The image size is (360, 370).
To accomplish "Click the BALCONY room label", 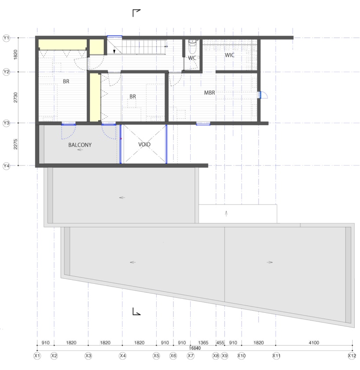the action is (80, 145).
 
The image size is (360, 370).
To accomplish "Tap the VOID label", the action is (144, 144).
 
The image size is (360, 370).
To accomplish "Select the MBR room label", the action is (209, 93).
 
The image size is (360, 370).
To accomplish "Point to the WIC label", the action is (229, 55).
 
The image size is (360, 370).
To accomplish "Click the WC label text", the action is (192, 58).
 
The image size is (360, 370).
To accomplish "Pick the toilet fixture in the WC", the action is (192, 47).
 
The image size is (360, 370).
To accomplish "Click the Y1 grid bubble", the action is (6, 38).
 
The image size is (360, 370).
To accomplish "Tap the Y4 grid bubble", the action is (6, 166).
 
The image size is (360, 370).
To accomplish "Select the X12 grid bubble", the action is (352, 356).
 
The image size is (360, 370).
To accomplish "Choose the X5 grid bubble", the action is (156, 356).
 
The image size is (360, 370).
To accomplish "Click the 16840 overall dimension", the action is (195, 348).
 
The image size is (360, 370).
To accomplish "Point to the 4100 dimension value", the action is (314, 343).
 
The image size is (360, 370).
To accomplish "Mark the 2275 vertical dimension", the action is (15, 144).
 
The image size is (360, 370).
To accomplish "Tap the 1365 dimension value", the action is (203, 343).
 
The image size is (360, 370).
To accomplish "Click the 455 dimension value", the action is (220, 343).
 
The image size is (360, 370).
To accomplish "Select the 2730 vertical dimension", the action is (15, 98).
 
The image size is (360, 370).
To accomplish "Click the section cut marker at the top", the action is (136, 13).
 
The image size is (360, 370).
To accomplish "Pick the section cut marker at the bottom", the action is (136, 311).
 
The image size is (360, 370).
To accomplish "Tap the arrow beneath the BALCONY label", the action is (80, 150).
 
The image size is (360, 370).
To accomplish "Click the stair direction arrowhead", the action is (114, 51).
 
